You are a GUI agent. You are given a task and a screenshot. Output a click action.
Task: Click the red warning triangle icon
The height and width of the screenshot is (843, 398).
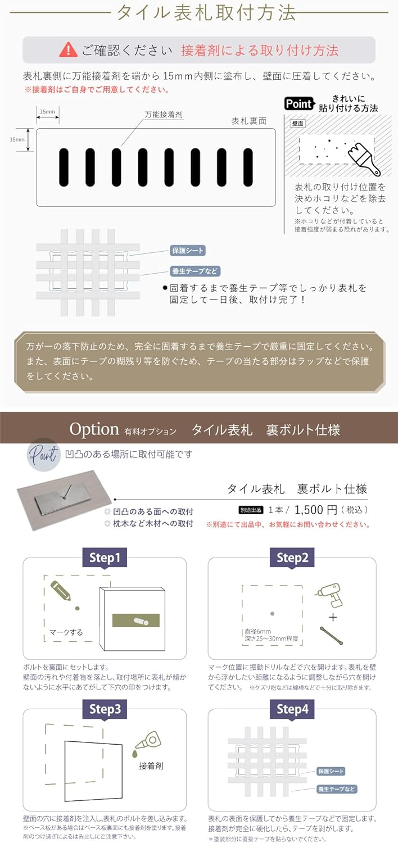coord(68,49)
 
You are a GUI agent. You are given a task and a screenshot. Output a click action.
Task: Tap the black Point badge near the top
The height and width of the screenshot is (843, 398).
coord(298,103)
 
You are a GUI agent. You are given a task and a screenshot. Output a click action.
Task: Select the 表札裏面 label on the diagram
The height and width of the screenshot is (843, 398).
coord(248,121)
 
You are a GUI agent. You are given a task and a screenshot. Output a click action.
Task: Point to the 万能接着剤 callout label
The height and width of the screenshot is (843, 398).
coord(164,114)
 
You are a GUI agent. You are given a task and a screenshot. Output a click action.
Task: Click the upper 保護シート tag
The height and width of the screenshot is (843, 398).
coord(188,251)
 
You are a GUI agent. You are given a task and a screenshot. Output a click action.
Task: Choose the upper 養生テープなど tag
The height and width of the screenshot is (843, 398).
coord(195,271)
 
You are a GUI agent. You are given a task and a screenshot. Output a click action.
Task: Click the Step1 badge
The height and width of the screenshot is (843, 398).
coord(105,558)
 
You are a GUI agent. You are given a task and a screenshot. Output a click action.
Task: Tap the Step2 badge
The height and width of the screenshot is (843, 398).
coord(292,558)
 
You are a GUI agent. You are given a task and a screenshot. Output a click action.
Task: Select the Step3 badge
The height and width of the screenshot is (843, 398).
coord(105,709)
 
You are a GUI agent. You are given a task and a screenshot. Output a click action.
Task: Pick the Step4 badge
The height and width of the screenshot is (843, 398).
coord(292,709)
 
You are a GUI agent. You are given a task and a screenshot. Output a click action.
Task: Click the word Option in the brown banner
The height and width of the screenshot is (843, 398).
coord(94,429)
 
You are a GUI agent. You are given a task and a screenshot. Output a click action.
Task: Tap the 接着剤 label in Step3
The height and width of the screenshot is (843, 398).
coord(150,765)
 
